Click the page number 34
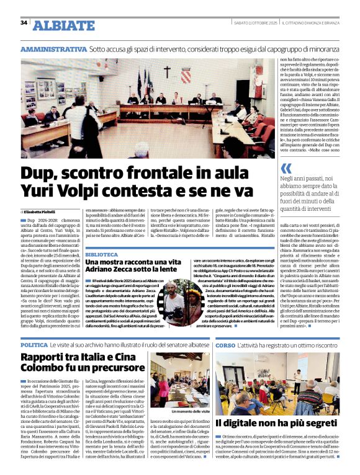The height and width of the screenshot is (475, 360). click(x=24, y=23)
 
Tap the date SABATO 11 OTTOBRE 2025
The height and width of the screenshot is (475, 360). click(x=254, y=23)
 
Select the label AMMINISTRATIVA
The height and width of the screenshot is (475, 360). click(x=53, y=48)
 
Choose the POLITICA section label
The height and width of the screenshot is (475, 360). click(x=34, y=344)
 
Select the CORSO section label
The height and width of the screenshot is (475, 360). click(x=225, y=344)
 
